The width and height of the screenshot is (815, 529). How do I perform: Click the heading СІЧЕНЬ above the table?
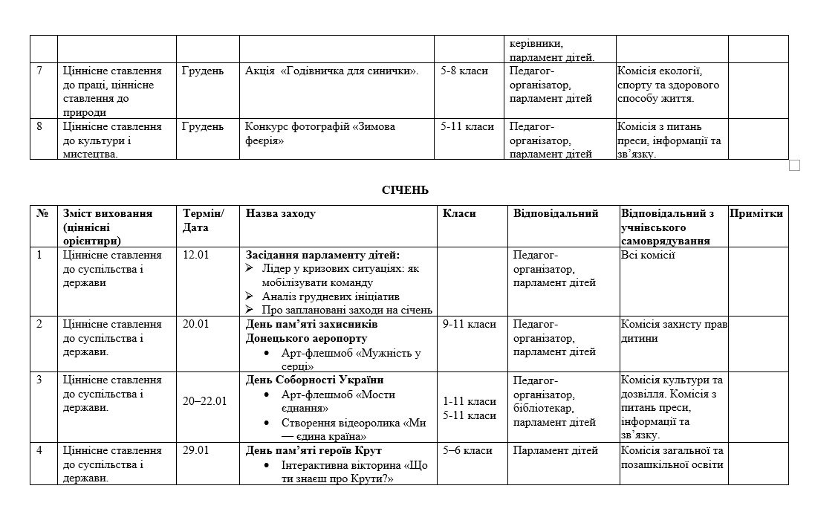click(x=405, y=190)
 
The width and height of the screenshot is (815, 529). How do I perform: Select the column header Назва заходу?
click(x=280, y=214)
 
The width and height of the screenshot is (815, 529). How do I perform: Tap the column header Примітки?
click(x=756, y=214)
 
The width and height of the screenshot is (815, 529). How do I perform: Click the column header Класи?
click(x=459, y=214)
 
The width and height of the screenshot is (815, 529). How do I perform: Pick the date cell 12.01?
click(x=196, y=256)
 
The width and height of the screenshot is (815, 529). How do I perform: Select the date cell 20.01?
click(x=196, y=324)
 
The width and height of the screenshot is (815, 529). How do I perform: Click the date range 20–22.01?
click(x=205, y=401)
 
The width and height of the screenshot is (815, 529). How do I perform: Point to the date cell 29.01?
click(x=196, y=450)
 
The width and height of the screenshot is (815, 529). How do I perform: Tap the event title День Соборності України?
click(x=315, y=380)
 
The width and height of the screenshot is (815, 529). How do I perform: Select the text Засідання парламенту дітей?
click(x=322, y=256)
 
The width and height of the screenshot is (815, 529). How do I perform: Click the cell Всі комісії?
click(x=647, y=256)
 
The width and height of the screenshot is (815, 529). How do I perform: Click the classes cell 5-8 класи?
click(x=464, y=71)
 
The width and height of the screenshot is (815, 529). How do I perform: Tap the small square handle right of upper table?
click(x=794, y=166)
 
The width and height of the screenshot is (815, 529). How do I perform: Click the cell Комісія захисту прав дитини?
click(x=673, y=331)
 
